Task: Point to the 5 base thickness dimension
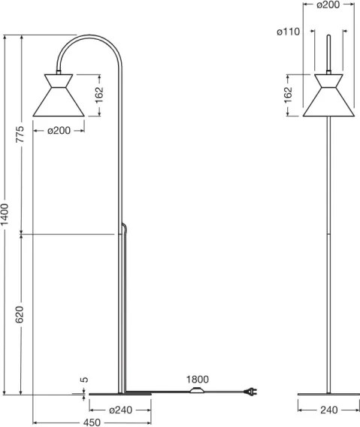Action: pos(85,381)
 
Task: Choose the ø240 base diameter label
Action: pos(120,410)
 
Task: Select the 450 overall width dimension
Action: pos(92,422)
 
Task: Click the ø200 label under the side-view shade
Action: pos(59,131)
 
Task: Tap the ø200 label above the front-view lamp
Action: pos(327,5)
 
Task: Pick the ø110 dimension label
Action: pos(288,32)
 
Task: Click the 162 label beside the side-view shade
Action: pos(100,95)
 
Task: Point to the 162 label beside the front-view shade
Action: pos(289,95)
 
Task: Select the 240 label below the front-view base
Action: pos(327,410)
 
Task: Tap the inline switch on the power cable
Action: pos(198,392)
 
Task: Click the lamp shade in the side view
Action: pos(59,98)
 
